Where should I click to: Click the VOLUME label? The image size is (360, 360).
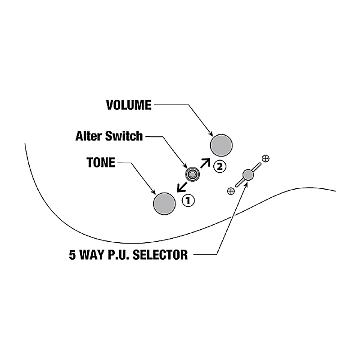[129, 105]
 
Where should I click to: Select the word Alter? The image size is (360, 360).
[89, 135]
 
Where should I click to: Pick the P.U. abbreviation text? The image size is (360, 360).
[118, 256]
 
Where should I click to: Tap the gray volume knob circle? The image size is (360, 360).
[221, 145]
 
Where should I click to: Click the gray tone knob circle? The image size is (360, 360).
[164, 204]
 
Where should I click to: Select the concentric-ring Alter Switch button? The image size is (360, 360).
[192, 174]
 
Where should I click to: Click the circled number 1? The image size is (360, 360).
[188, 200]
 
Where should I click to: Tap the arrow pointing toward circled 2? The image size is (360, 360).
[205, 162]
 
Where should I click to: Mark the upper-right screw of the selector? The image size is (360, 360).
[265, 158]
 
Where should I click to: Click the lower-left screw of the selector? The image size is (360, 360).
[231, 191]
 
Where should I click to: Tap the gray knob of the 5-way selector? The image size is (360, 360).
[248, 174]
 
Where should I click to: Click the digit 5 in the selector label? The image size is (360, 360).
[72, 256]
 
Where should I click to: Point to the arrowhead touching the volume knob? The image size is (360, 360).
[210, 134]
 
